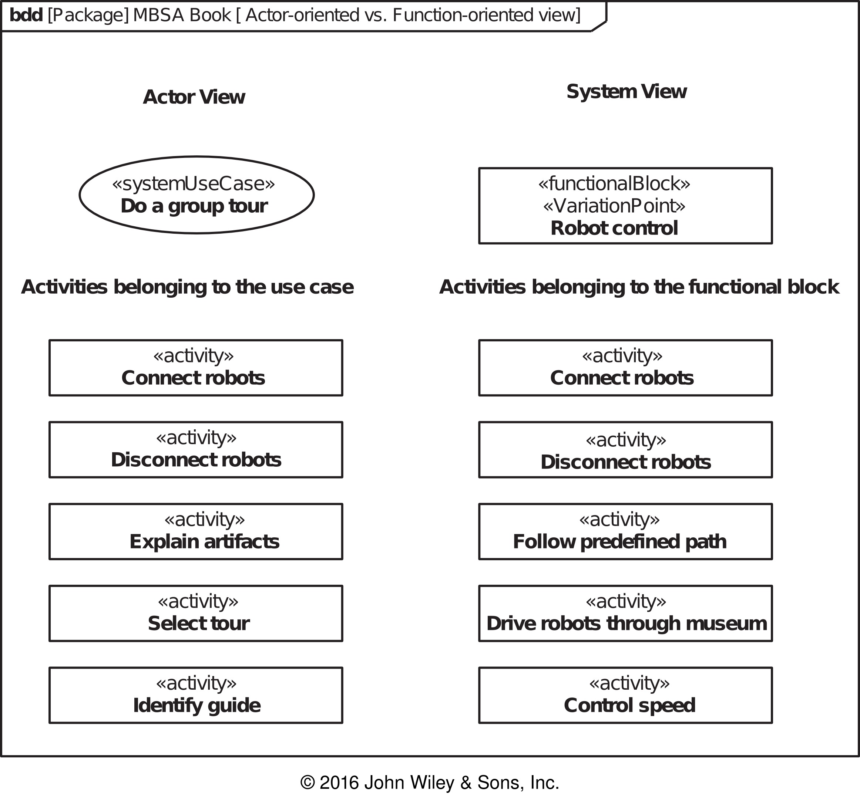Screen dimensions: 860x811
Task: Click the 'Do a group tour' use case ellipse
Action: (x=196, y=195)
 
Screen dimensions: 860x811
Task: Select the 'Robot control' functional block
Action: (x=625, y=206)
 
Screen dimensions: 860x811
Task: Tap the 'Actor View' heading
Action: (x=194, y=97)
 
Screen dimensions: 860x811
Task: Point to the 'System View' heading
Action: (x=626, y=92)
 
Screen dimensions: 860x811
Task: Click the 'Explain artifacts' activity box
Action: (x=196, y=531)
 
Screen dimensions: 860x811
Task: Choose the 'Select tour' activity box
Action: (x=196, y=614)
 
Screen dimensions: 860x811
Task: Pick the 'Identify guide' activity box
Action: (x=196, y=695)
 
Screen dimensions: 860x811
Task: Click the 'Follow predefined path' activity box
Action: (x=625, y=531)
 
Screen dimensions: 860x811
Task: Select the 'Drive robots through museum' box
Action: (x=625, y=614)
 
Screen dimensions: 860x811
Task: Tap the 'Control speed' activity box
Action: (x=625, y=695)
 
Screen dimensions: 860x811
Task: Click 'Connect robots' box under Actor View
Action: (x=196, y=368)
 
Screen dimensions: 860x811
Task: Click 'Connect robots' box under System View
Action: (x=625, y=368)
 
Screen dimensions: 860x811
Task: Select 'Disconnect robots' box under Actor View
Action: (x=196, y=450)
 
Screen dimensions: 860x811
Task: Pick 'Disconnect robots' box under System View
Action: (x=625, y=450)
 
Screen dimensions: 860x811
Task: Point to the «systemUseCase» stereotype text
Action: (x=194, y=184)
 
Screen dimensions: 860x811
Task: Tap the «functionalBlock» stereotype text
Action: (x=614, y=184)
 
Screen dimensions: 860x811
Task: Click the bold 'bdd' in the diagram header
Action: (x=26, y=15)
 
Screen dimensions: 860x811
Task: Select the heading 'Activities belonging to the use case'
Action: (x=187, y=287)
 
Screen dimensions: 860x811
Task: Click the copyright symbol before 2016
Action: (x=308, y=783)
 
